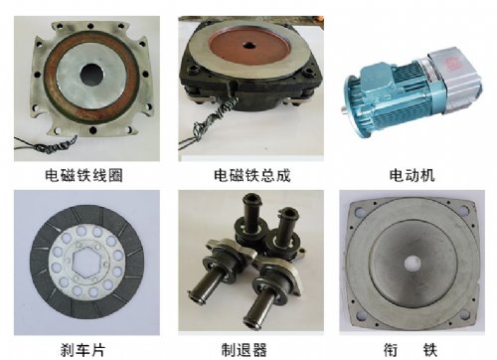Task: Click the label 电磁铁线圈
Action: (83, 175)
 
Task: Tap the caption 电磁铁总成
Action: (252, 175)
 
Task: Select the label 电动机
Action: (412, 175)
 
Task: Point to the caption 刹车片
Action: (83, 350)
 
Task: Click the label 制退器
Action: (245, 350)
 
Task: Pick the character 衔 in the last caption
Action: (391, 350)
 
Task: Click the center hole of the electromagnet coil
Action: (91, 74)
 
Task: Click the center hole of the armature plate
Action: (413, 264)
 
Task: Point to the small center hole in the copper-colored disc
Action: (248, 46)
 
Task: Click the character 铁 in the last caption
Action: (429, 350)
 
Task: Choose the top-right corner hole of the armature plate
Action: (464, 210)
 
